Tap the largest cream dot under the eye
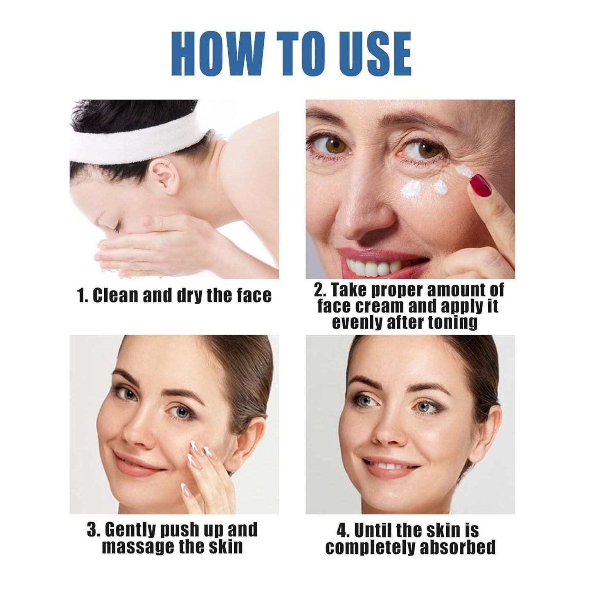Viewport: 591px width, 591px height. point(411,189)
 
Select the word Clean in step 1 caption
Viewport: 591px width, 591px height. point(115,295)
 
